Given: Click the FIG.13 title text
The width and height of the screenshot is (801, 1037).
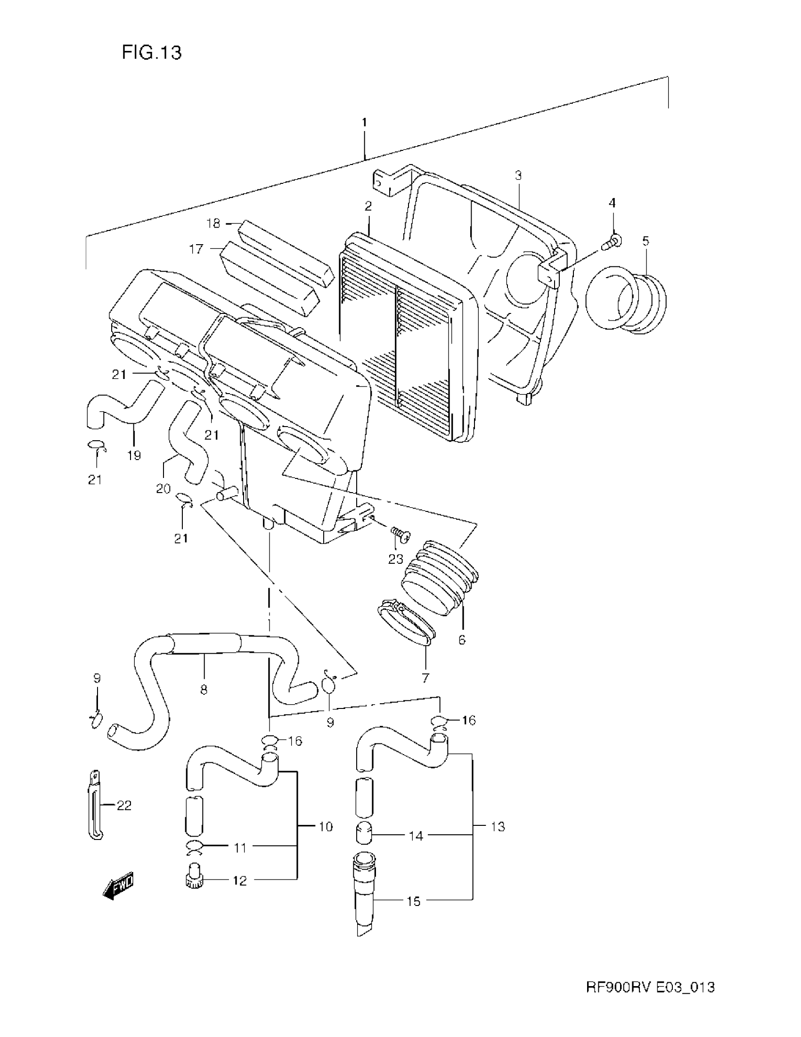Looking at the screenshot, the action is pos(151,53).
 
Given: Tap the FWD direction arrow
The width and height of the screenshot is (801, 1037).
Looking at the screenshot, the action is pos(118,885).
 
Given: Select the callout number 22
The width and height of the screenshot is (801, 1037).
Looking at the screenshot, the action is pos(124,805).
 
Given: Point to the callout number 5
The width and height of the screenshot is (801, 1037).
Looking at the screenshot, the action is pos(646,241).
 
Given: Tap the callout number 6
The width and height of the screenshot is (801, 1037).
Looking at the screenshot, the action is pos(462,640).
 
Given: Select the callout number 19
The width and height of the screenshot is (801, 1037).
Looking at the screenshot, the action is pos(134,456).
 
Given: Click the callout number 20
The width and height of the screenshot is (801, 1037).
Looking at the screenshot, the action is pos(163,489).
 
